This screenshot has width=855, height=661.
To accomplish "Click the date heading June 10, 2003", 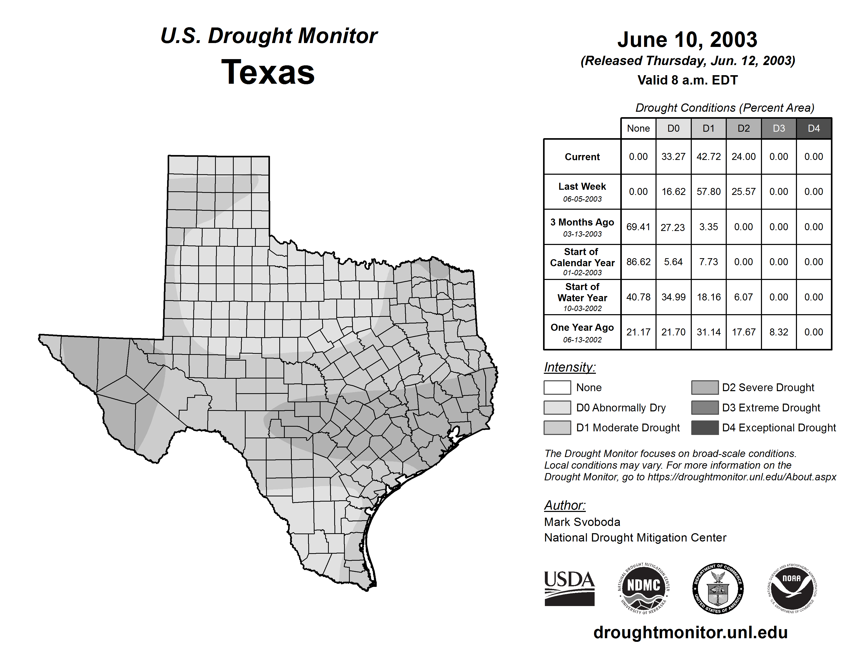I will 687,40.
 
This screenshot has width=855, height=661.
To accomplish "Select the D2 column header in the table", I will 743,128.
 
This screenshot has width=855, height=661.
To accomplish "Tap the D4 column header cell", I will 814,128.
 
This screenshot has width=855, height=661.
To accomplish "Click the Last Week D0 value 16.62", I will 673,192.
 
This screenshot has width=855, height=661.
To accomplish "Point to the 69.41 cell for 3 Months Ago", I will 638,227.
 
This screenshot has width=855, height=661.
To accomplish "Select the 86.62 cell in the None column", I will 638,262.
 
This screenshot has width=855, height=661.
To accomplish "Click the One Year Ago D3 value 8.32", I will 778,332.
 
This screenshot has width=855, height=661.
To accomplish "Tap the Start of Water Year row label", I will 582,297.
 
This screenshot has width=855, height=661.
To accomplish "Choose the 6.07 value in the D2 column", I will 743,297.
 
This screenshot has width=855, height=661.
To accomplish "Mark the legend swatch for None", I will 557,387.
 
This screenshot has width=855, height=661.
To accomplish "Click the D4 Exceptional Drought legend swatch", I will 705,428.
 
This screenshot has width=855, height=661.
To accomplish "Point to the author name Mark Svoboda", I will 582,522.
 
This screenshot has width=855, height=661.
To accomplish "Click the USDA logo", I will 569,588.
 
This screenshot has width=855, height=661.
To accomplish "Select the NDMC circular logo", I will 644,588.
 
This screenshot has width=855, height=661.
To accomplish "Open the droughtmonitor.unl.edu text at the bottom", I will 690,632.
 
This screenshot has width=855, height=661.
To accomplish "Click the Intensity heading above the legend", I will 569,367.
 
